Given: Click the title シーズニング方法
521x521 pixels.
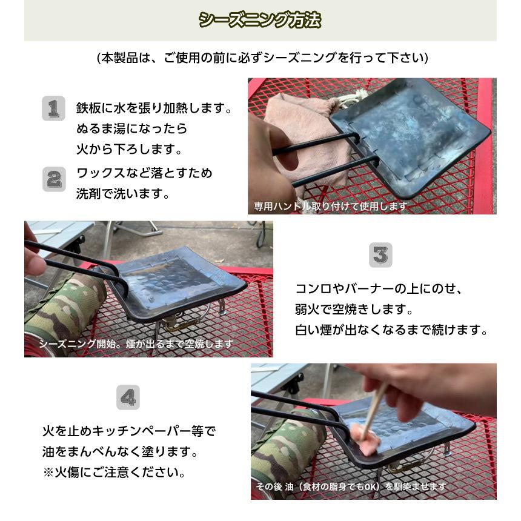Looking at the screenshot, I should tap(260, 20).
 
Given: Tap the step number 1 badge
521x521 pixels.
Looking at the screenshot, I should tap(53, 108).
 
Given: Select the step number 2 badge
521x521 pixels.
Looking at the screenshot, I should tap(54, 179).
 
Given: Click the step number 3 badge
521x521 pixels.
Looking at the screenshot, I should tap(380, 255).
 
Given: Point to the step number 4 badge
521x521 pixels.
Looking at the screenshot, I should tap(128, 397).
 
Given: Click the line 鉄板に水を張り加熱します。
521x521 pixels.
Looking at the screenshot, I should tap(153, 108).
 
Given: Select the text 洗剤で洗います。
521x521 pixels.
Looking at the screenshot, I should tap(122, 194).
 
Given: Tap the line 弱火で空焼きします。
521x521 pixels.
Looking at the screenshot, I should tap(354, 310).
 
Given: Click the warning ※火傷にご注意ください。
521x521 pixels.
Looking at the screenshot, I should tap(114, 472).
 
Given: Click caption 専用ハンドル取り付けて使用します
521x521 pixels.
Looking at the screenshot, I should tap(330, 207).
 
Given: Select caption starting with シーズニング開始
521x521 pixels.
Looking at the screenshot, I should tap(136, 343).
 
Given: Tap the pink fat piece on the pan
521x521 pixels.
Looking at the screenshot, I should tap(366, 438).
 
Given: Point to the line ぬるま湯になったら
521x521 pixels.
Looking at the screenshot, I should tap(131, 129).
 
